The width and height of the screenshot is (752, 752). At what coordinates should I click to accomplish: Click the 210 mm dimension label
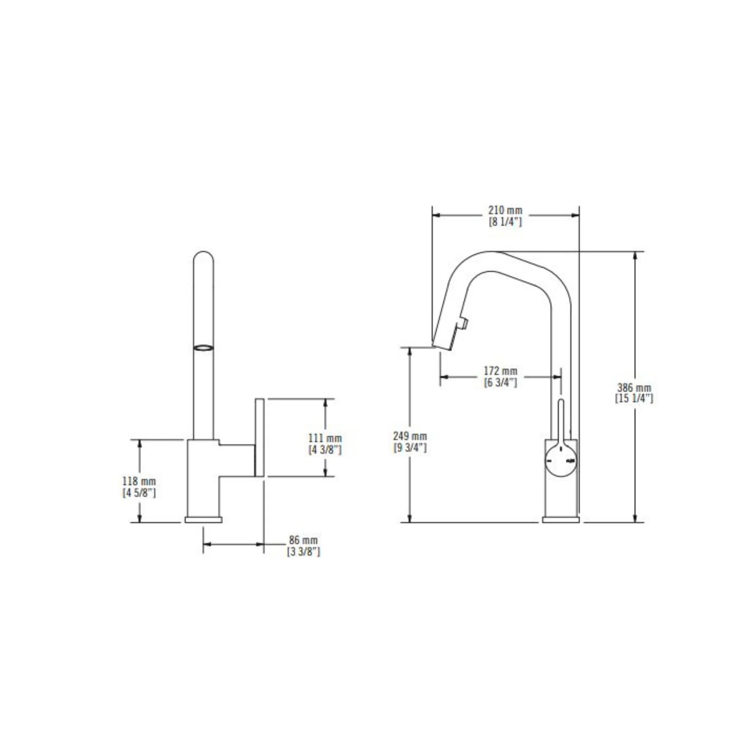506,210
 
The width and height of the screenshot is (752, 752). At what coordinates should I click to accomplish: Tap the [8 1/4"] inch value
506,222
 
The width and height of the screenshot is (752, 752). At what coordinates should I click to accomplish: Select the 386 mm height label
634,388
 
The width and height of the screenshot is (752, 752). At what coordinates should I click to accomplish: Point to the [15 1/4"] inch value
634,399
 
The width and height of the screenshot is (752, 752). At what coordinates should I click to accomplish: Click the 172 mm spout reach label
500,371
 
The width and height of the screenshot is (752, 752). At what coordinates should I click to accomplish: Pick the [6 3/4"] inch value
500,382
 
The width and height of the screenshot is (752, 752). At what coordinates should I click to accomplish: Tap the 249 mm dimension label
410,436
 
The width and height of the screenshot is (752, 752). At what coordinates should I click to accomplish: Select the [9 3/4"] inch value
410,448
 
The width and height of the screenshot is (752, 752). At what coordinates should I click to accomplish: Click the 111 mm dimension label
325,438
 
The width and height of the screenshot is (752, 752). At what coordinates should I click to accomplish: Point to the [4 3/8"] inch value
325,450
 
